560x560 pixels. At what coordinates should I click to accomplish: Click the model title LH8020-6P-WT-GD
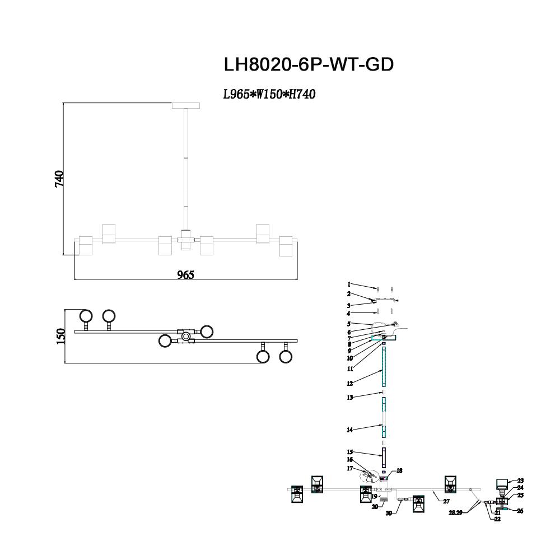[309, 64]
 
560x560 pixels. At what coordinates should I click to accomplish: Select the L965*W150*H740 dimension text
[269, 95]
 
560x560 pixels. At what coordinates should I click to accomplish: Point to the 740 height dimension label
[60, 179]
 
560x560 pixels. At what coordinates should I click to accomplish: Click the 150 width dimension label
[61, 337]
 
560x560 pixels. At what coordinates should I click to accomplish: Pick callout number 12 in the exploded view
[349, 384]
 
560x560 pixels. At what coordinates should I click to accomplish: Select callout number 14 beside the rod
[349, 430]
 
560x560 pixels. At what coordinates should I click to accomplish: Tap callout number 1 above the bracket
[348, 284]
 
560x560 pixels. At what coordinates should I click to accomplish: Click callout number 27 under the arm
[446, 502]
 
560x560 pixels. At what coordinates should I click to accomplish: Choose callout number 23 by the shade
[520, 480]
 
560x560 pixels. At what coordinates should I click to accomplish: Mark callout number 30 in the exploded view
[389, 512]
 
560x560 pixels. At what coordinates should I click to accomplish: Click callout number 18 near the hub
[399, 471]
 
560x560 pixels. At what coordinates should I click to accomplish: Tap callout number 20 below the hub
[375, 507]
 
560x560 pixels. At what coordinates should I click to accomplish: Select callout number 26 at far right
[520, 511]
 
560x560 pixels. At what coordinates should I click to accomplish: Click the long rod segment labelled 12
[384, 367]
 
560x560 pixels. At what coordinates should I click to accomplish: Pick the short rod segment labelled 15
[384, 457]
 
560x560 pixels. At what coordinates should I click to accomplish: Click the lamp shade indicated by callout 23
[502, 484]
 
